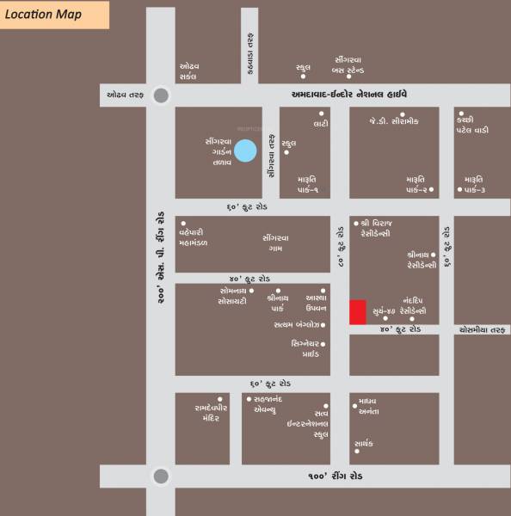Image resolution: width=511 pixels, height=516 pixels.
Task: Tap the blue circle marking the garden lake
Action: tap(246, 150)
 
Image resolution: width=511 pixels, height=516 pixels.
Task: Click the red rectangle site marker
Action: tap(357, 312)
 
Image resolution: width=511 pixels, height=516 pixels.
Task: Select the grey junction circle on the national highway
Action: tap(160, 95)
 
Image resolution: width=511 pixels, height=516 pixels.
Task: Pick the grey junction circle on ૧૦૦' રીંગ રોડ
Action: tap(160, 476)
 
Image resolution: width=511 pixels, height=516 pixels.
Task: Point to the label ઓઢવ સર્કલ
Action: tap(189, 71)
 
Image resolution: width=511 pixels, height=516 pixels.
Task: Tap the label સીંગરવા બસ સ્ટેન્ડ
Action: tap(352, 65)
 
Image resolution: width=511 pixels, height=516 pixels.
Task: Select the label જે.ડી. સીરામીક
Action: tap(394, 121)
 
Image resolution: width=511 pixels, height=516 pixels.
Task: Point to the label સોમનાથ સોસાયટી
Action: tap(233, 297)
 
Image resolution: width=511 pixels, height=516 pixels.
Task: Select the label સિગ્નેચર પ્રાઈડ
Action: tap(305, 348)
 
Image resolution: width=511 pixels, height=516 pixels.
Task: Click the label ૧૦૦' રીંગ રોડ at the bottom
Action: tap(337, 476)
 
